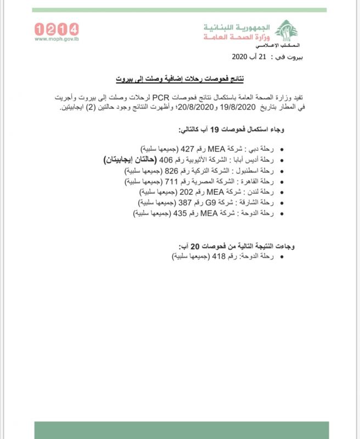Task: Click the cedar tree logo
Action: [x=285, y=31]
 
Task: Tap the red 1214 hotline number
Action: [x=57, y=29]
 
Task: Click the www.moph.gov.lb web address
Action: [x=57, y=40]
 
